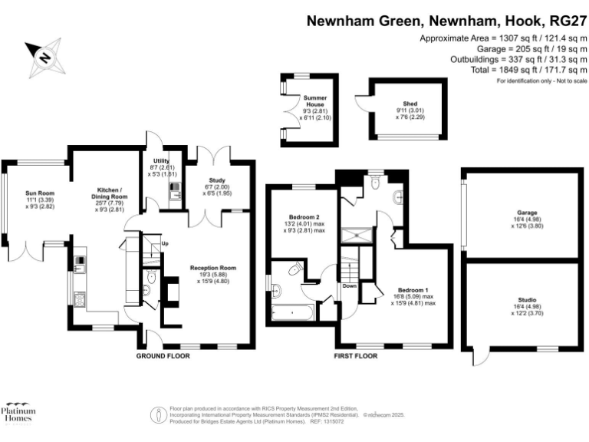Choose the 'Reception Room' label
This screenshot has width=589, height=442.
(x=212, y=268)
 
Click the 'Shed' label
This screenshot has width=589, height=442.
(x=410, y=103)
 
